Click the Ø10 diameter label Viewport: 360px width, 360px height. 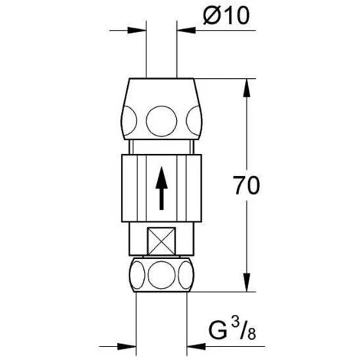pos(226,16)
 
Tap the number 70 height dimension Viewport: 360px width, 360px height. pos(247,185)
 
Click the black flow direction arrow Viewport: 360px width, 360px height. pos(162,188)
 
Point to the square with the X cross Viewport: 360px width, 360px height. pos(162,241)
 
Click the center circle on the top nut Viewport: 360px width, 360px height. pos(162,121)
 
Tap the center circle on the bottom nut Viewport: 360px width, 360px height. pos(162,275)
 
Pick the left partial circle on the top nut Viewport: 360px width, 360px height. pos(129,121)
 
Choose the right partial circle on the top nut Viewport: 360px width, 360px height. pos(194,121)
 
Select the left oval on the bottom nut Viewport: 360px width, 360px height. pos(137,275)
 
